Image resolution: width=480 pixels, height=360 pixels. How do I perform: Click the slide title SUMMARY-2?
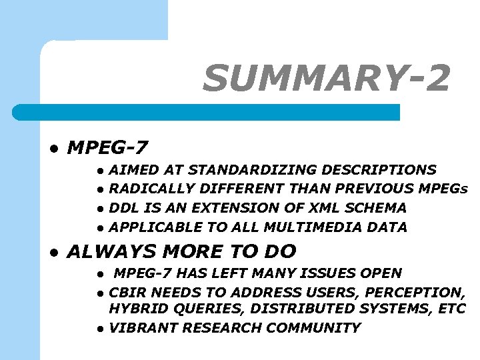(327, 79)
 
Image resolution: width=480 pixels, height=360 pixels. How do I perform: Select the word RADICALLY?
(141, 189)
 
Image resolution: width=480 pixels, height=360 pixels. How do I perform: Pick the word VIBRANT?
(143, 328)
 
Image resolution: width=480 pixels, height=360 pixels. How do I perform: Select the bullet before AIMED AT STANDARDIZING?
(99, 171)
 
